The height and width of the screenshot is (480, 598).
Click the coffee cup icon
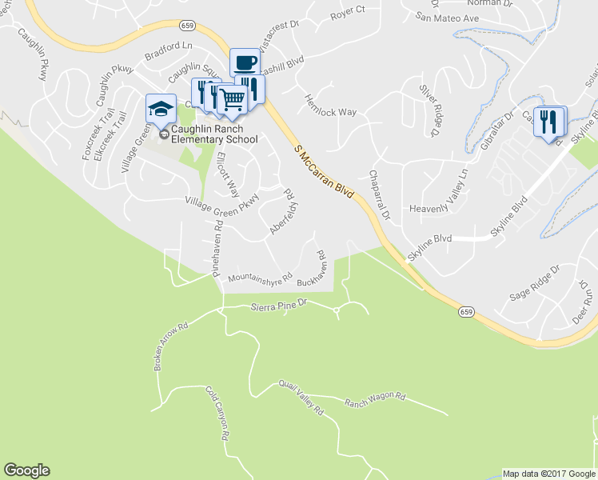click(245, 62)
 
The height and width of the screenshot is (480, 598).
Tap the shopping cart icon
click(232, 99)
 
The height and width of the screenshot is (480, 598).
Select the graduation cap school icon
click(161, 108)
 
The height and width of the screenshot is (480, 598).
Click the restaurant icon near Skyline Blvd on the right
click(548, 121)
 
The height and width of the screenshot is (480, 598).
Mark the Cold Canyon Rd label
click(217, 414)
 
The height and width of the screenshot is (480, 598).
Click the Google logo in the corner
click(26, 470)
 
